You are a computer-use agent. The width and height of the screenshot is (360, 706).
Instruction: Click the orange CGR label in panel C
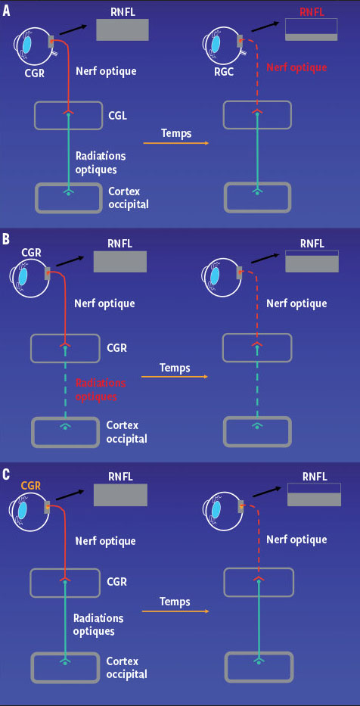pyautogui.click(x=31, y=485)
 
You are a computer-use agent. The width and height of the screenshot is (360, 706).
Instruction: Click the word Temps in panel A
pyautogui.click(x=175, y=132)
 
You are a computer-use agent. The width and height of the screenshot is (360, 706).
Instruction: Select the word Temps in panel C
pyautogui.click(x=175, y=602)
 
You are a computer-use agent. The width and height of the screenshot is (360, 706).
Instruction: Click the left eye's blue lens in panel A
pyautogui.click(x=28, y=44)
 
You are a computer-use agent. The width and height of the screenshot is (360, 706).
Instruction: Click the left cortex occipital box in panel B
pyautogui.click(x=65, y=433)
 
